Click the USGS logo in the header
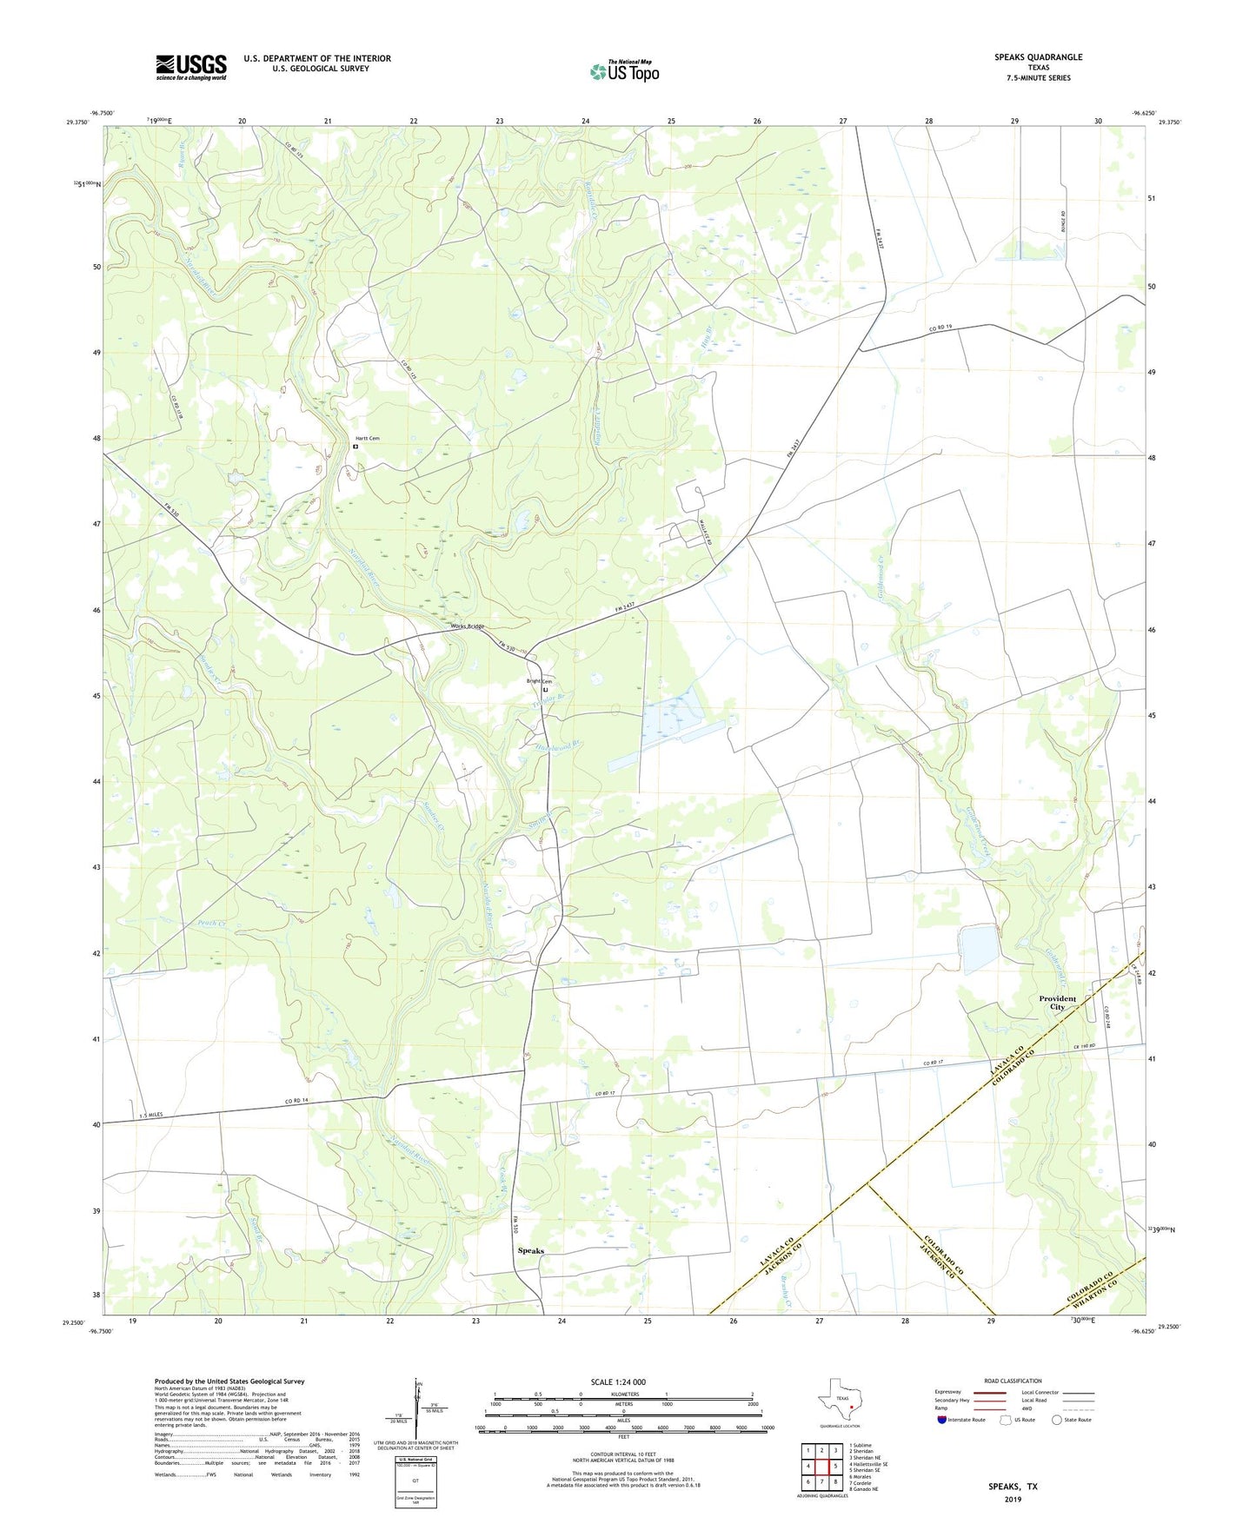coord(191,67)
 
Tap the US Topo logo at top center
coord(624,70)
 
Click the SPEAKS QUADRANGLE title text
coord(1038,57)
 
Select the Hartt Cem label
coord(367,439)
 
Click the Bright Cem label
coord(539,681)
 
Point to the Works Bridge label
coord(467,626)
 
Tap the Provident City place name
coord(1057,1003)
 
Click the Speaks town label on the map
coord(530,1251)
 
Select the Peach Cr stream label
coord(211,923)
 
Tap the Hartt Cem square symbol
coord(356,447)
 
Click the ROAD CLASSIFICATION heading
coord(1013,1381)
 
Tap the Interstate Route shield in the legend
coord(942,1420)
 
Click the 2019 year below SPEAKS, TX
coord(1013,1500)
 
